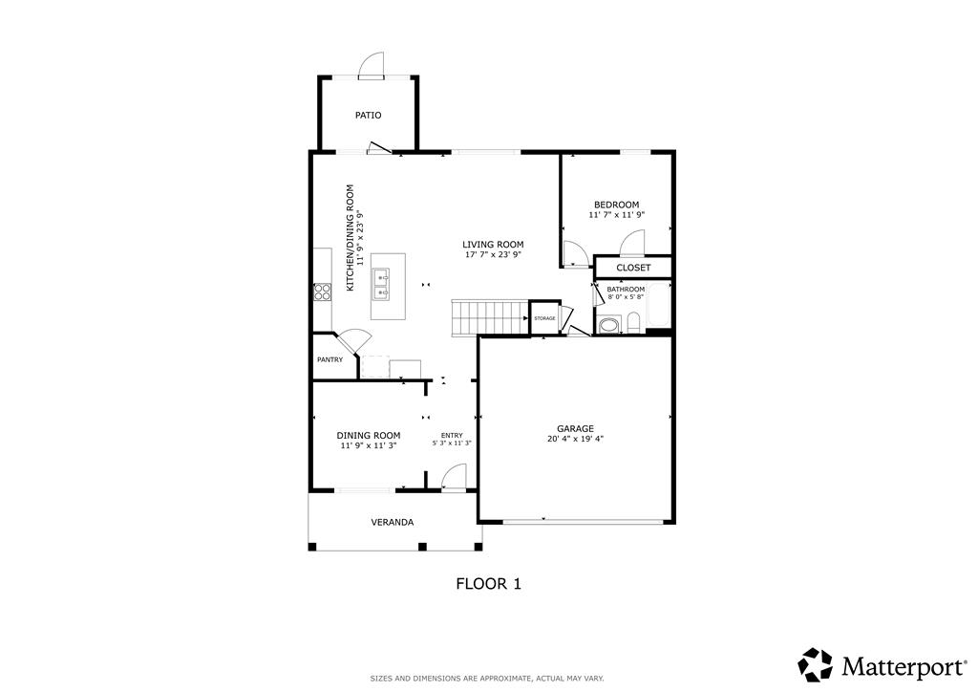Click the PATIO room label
pos(368,116)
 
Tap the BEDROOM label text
pos(616,205)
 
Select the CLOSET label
pos(633,268)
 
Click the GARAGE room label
pos(575,429)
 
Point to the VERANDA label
pos(393,522)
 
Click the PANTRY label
pos(330,360)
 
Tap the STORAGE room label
pos(544,319)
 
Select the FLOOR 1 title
pos(488,584)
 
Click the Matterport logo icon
pos(816,664)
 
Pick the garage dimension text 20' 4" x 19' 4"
pos(575,439)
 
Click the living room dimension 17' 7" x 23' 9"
pos(493,254)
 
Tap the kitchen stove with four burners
pos(322,292)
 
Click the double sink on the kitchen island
pos(381,285)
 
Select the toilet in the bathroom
pos(634,323)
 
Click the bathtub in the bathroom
pos(659,306)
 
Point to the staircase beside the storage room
pos(490,317)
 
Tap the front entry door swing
pos(454,478)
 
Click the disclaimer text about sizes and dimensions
pos(487,679)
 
